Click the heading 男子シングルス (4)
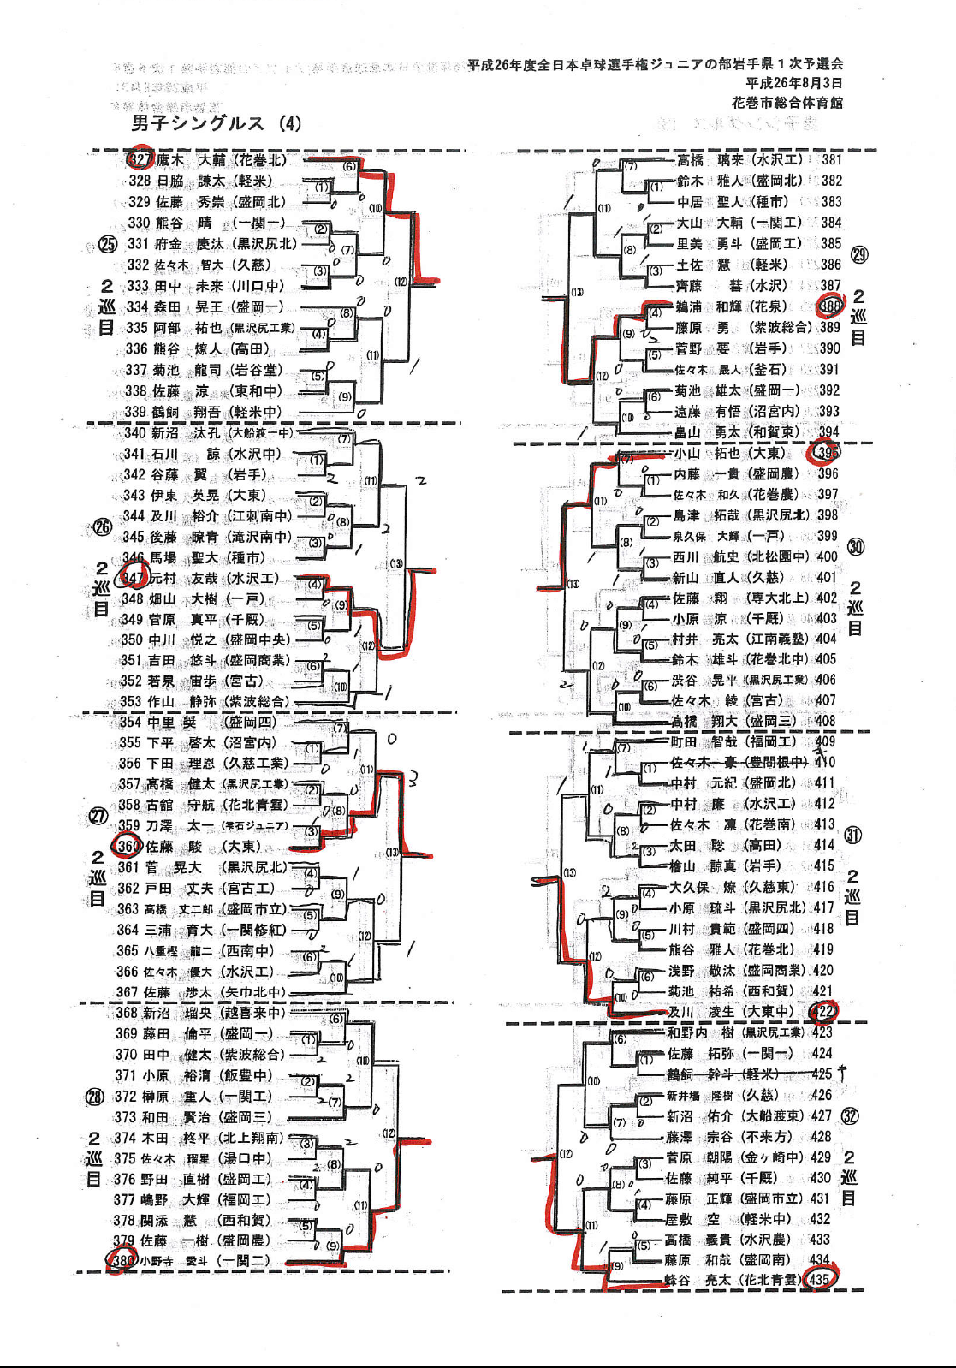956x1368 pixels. click(216, 123)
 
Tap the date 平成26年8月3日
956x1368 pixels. click(793, 83)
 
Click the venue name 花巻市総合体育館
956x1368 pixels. click(787, 103)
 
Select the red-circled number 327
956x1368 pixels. click(140, 159)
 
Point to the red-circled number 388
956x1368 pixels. click(830, 306)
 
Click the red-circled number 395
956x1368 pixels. click(828, 452)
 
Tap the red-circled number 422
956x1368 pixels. click(823, 1011)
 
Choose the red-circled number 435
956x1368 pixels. click(819, 1280)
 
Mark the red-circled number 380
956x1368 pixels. click(122, 1260)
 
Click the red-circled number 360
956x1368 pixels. click(128, 846)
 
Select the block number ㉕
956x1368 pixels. click(107, 244)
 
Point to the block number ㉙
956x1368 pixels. click(858, 254)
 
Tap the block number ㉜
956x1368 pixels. click(850, 1115)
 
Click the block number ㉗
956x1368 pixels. click(99, 816)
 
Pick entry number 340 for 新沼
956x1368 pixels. click(134, 433)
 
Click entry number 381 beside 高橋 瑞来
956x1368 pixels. click(831, 159)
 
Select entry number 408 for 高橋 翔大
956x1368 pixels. click(825, 721)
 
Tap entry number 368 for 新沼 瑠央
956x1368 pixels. click(126, 1013)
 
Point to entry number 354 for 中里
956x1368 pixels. click(130, 722)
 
